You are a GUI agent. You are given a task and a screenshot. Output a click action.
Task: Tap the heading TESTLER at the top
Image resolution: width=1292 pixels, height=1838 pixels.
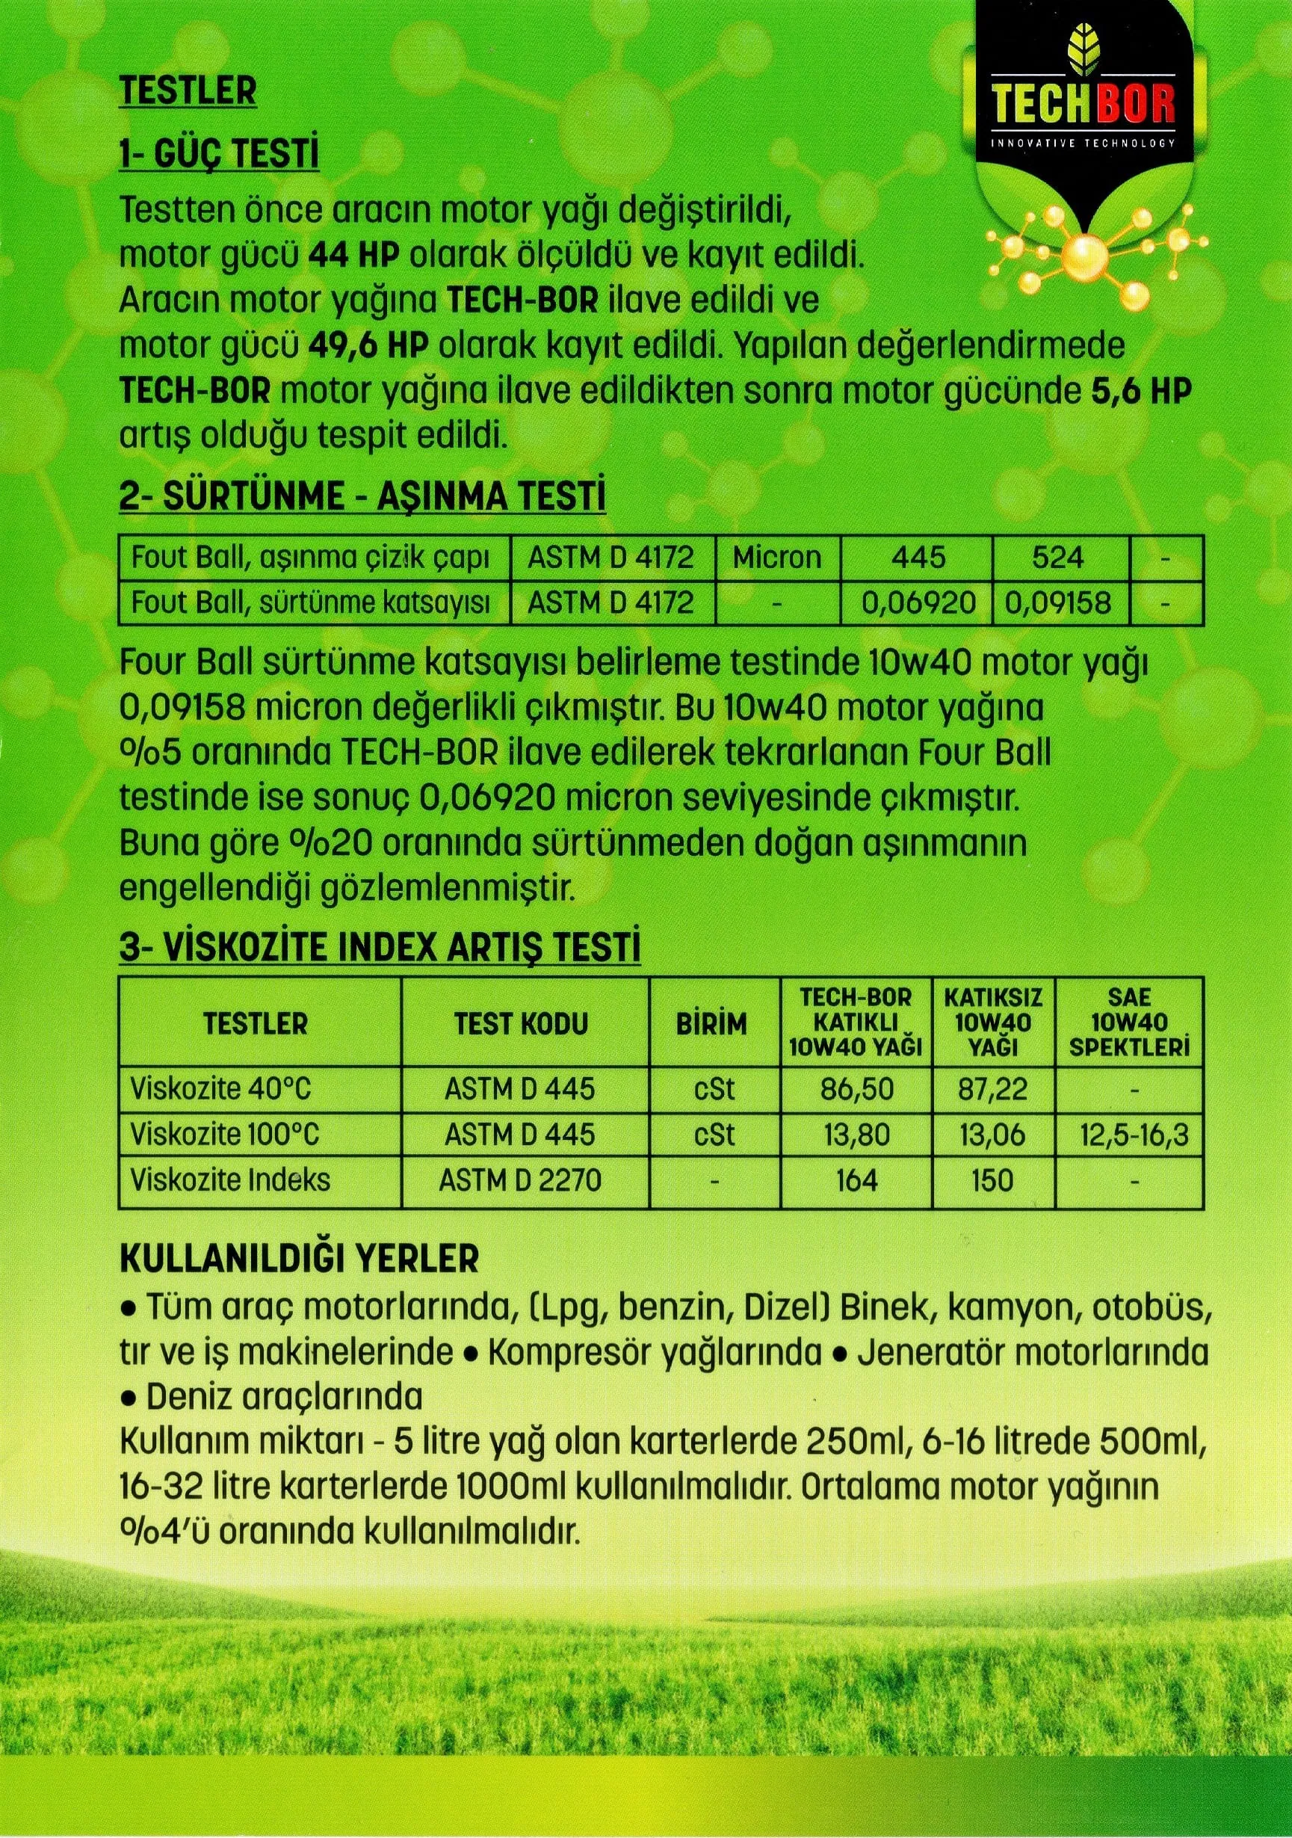click(x=188, y=92)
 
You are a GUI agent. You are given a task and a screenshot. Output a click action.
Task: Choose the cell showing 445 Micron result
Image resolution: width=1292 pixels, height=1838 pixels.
click(x=918, y=557)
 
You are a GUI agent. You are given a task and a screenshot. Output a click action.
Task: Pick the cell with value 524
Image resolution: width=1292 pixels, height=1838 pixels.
click(x=1058, y=557)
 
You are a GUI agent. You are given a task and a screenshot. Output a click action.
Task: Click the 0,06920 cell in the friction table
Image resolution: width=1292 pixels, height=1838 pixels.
click(x=918, y=601)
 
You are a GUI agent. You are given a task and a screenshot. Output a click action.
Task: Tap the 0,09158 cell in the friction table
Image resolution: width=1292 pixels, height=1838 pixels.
click(x=1058, y=601)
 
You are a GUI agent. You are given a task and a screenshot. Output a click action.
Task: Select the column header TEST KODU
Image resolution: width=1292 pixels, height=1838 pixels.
click(x=521, y=1023)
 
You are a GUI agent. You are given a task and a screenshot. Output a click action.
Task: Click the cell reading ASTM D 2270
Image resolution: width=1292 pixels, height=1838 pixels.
click(x=521, y=1180)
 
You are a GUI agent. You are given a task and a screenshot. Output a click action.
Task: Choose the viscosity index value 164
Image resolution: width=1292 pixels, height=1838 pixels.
click(x=856, y=1180)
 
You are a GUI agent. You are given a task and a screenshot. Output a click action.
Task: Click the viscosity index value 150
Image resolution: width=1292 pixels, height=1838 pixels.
click(x=992, y=1180)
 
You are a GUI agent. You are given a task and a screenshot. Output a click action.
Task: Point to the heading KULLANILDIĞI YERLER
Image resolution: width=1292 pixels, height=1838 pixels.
click(x=299, y=1259)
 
